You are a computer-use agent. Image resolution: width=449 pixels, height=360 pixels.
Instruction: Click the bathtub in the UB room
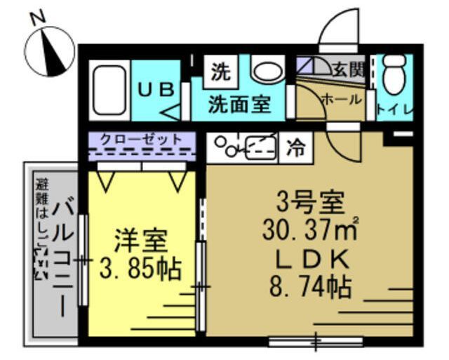click(109, 91)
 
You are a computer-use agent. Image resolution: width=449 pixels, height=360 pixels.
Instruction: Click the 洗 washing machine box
click(221, 70)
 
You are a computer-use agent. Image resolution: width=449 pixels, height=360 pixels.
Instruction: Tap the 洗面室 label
click(240, 105)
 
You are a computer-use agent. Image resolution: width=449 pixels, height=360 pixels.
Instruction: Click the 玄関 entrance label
click(348, 70)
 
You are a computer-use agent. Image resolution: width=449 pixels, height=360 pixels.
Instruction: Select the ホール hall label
click(341, 100)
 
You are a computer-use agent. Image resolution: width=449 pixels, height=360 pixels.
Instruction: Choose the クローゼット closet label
click(141, 139)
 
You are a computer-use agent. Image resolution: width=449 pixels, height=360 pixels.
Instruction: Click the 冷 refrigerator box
click(297, 149)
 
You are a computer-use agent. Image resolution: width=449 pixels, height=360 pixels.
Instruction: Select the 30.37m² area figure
click(309, 231)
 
